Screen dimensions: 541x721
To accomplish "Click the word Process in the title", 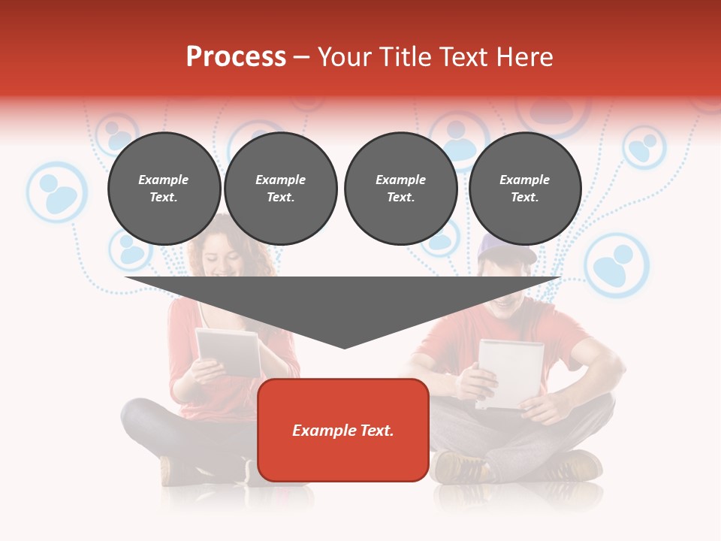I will tap(236, 57).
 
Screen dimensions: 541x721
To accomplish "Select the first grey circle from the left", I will tap(164, 188).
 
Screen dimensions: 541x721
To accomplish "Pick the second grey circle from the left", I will tap(280, 188).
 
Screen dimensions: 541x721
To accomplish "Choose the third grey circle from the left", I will tap(400, 188).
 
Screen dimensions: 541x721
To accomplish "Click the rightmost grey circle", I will tap(524, 188).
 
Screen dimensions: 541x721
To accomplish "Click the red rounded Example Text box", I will tap(342, 430).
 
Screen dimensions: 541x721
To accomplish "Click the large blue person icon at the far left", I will tap(57, 192).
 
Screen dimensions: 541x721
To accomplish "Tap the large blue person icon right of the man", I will tap(616, 264).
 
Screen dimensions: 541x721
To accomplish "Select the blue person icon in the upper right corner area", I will tap(644, 147).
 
